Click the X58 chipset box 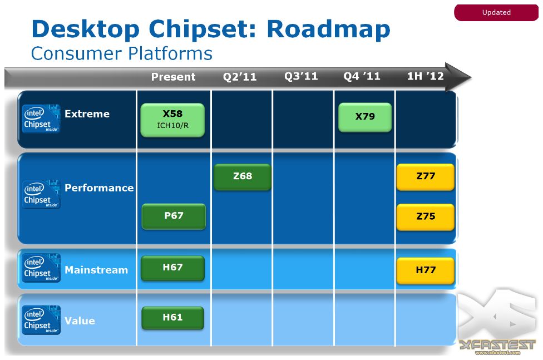[172, 120]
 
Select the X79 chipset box [365, 117]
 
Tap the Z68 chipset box [243, 177]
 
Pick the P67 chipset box [174, 216]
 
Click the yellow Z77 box [425, 177]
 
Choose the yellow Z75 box [425, 217]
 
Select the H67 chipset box [172, 268]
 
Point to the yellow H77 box [425, 270]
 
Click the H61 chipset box [172, 318]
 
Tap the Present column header [173, 77]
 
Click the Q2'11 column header [240, 77]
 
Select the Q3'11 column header [301, 76]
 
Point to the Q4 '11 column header [362, 76]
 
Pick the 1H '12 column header [425, 76]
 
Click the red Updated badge [496, 13]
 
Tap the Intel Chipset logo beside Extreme [41, 119]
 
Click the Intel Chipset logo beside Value [41, 320]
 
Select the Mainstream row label [96, 270]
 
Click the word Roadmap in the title [328, 30]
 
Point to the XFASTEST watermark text [497, 345]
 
